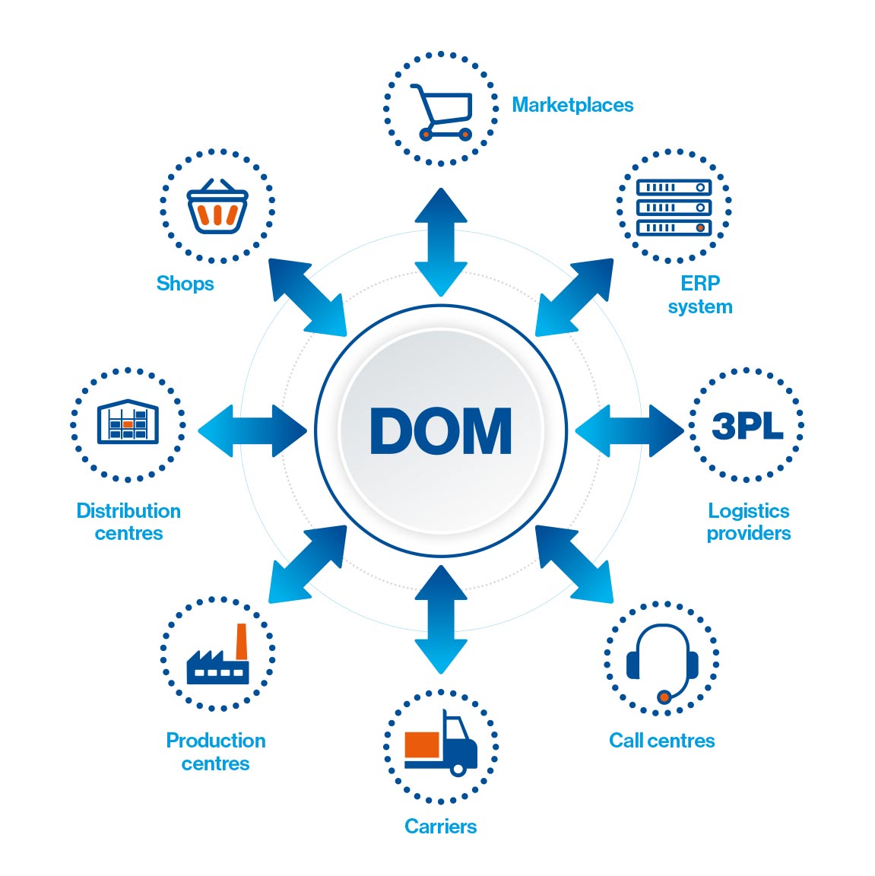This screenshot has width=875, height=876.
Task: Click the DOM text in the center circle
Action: pyautogui.click(x=441, y=431)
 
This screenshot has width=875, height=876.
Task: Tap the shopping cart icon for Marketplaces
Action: pyautogui.click(x=442, y=112)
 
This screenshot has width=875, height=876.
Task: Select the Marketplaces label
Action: pyautogui.click(x=572, y=105)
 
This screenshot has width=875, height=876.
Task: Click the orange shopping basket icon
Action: pyautogui.click(x=217, y=207)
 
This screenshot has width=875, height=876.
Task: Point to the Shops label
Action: pyautogui.click(x=185, y=284)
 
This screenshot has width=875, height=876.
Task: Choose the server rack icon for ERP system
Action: pyautogui.click(x=674, y=208)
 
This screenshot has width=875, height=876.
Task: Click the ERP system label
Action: pyautogui.click(x=700, y=295)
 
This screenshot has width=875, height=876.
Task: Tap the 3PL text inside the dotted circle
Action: pyautogui.click(x=747, y=426)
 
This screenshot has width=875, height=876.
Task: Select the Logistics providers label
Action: pyautogui.click(x=748, y=522)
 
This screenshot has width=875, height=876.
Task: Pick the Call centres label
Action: pyautogui.click(x=662, y=741)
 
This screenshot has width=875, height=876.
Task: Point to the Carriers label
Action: pyautogui.click(x=441, y=827)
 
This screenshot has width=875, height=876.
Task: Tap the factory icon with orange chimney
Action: pyautogui.click(x=218, y=657)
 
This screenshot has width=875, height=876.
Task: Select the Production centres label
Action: pyautogui.click(x=216, y=752)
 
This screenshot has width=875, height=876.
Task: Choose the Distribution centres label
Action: pyautogui.click(x=128, y=522)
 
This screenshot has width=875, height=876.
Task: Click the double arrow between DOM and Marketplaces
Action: pyautogui.click(x=441, y=242)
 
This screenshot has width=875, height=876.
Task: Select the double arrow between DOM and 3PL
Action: pyautogui.click(x=629, y=430)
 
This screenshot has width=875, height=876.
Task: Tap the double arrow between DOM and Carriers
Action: pyautogui.click(x=441, y=619)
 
